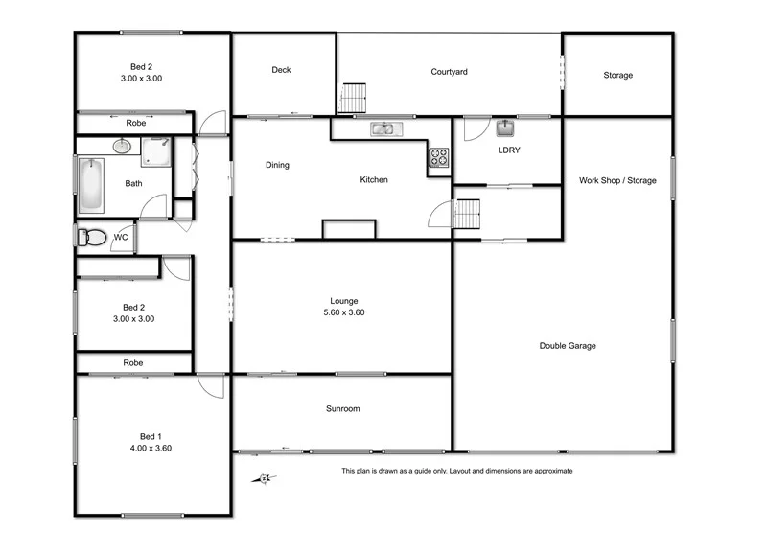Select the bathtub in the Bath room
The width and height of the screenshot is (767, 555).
[x=89, y=185]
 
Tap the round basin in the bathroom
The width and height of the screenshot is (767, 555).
[x=122, y=147]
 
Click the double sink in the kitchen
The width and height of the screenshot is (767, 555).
[x=387, y=128]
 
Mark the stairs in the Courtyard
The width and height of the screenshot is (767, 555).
[x=354, y=98]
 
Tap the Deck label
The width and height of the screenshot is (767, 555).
[x=281, y=70]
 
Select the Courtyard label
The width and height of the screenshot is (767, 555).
[x=449, y=71]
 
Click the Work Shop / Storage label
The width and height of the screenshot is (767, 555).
[x=617, y=180]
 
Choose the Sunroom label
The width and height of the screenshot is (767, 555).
[x=342, y=409]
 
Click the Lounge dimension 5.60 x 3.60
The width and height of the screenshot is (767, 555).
[x=342, y=312]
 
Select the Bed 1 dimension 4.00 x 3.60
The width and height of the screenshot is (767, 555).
[x=151, y=448]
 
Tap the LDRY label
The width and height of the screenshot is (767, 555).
[x=508, y=150]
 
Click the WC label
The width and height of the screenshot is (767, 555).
[x=121, y=237]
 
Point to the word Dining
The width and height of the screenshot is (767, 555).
[x=277, y=165]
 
